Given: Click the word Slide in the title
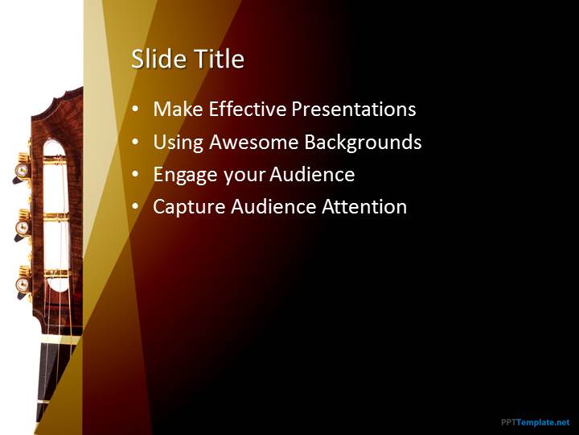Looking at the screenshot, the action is [159, 59].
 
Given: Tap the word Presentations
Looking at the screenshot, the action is [354, 109].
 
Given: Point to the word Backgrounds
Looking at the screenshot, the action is [363, 143].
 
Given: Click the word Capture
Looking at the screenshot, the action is [189, 207].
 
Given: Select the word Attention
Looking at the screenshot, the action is [364, 206].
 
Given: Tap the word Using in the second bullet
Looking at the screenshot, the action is [178, 143].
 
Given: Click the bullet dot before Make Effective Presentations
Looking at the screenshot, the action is [136, 109].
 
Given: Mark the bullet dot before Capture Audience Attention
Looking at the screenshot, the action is [136, 206].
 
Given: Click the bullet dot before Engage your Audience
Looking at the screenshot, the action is [136, 174].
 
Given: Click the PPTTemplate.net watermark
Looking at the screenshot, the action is [535, 422].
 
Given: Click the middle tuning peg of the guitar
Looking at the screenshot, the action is [23, 227].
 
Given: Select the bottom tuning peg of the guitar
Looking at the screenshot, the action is [23, 284].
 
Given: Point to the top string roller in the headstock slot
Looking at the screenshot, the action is [55, 160].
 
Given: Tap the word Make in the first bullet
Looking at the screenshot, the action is [178, 109].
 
